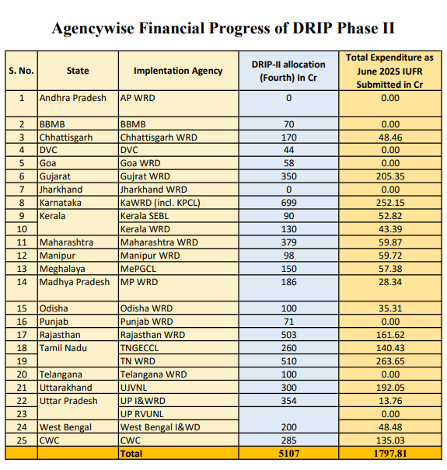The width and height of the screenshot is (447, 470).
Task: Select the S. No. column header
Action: tap(21, 71)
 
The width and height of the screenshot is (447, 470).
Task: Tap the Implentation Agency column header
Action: tap(178, 71)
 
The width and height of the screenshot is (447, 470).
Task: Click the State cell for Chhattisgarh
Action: tap(66, 138)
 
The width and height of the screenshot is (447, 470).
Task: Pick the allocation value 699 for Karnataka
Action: tap(288, 203)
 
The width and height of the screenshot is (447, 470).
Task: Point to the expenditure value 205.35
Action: tap(390, 176)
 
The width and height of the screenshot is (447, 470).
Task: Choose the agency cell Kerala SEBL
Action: tap(145, 216)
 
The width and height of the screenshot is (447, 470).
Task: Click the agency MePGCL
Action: tap(138, 269)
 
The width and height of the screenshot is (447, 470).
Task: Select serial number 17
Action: tap(22, 335)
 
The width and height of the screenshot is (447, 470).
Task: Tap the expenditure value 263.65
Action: tap(390, 361)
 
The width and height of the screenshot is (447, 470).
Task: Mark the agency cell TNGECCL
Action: tap(139, 348)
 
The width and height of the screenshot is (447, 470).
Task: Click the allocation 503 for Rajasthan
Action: tap(288, 335)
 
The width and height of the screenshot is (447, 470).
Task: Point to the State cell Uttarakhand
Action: tap(66, 388)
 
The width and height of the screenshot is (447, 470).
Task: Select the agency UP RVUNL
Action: tap(142, 413)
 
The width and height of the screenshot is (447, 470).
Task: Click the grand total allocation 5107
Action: tap(289, 453)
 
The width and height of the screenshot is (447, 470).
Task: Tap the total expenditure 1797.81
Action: tap(390, 453)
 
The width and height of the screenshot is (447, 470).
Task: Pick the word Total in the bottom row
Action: tap(131, 453)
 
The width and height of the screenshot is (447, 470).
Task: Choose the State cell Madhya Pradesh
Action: tap(75, 282)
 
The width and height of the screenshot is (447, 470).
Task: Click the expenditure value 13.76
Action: tap(390, 400)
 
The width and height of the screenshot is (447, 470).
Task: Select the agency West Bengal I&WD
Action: tap(160, 426)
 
